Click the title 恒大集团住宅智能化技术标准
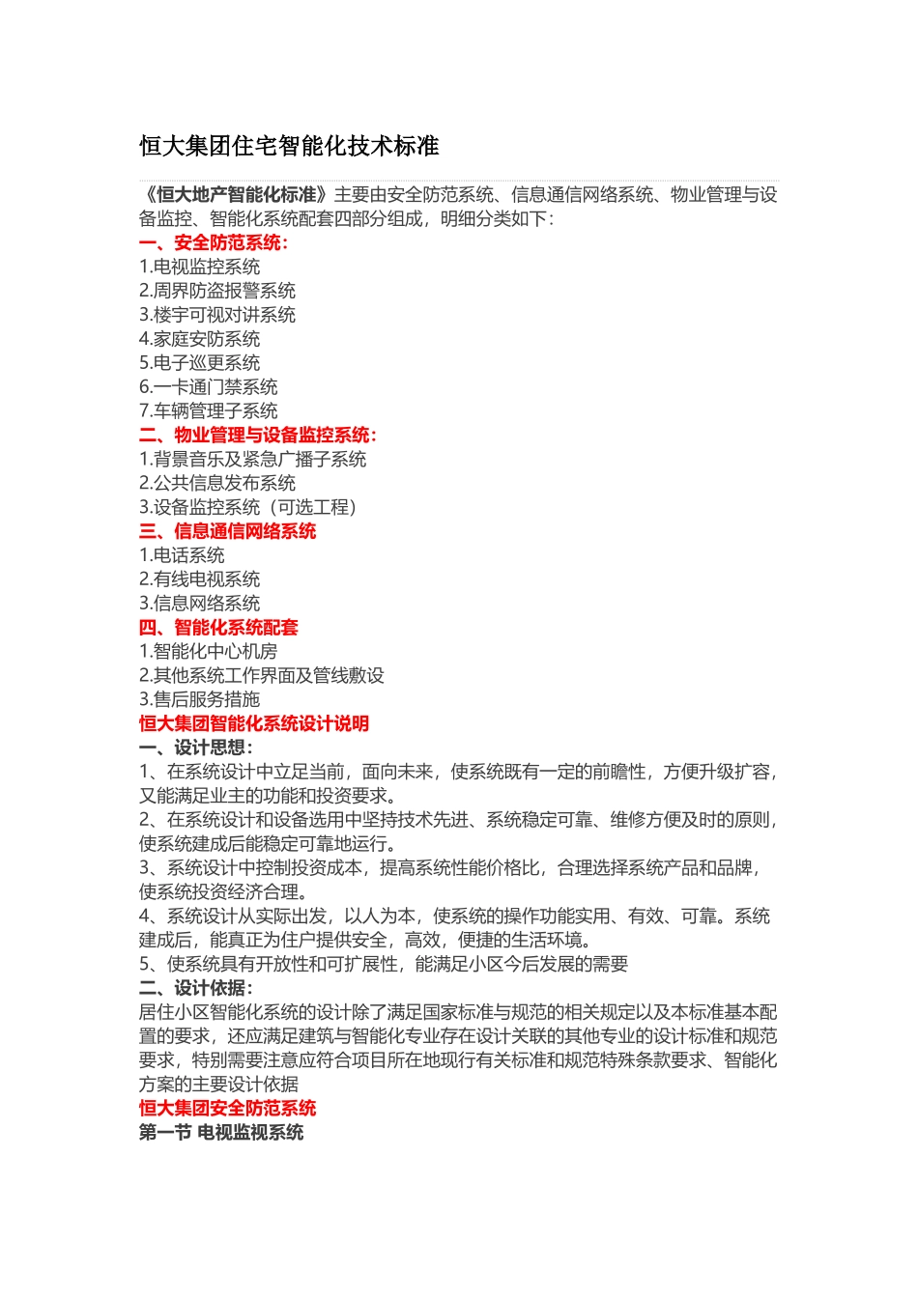click(x=289, y=146)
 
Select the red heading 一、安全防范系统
click(x=213, y=242)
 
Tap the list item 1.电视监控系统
click(x=199, y=267)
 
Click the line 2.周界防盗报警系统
click(x=217, y=291)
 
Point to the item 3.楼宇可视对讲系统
click(x=217, y=315)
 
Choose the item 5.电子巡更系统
click(x=199, y=363)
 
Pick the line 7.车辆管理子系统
click(x=208, y=410)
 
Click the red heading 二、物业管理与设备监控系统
click(x=257, y=435)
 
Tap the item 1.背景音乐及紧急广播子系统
click(x=252, y=459)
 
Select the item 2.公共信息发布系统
click(x=217, y=483)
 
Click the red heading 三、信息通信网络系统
click(x=227, y=531)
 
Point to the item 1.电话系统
click(x=182, y=555)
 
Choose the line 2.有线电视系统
click(x=199, y=579)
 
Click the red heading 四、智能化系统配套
click(x=218, y=628)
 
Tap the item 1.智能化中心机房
click(x=208, y=652)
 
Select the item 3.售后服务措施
click(x=199, y=699)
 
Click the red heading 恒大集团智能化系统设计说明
click(x=253, y=723)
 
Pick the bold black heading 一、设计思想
click(x=195, y=748)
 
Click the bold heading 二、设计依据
click(x=195, y=988)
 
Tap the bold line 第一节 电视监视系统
click(x=221, y=1132)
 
